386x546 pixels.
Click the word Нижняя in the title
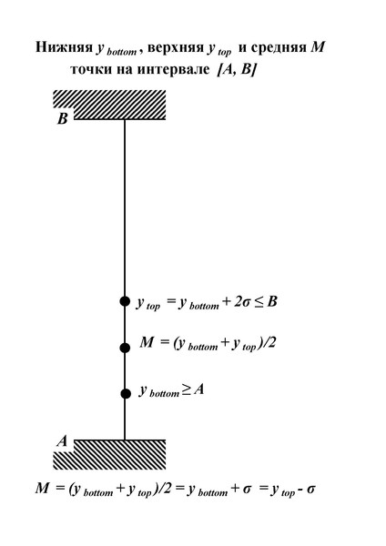(64, 47)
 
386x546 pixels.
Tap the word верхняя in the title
(175, 47)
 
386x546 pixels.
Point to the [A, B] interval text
(237, 70)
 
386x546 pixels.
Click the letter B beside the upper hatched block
(62, 118)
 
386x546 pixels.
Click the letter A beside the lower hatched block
(62, 441)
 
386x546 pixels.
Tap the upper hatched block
(109, 105)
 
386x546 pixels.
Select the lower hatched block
(109, 454)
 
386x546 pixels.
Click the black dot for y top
(125, 301)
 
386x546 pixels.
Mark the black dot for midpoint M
(125, 348)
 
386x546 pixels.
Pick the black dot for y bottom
(126, 394)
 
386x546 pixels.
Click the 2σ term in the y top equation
(242, 301)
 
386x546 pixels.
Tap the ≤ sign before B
(259, 302)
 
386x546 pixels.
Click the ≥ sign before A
(186, 389)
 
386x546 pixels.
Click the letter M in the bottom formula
(43, 488)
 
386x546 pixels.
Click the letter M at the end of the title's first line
(318, 47)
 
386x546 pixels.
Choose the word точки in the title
(90, 70)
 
